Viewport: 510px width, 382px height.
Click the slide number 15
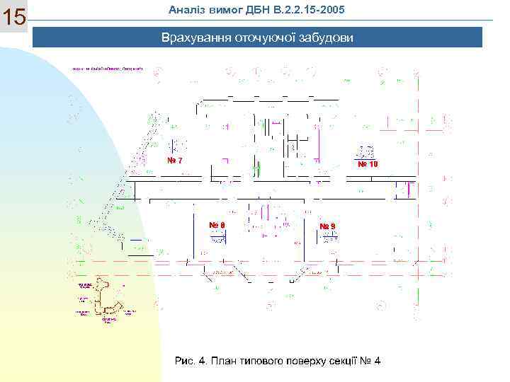(14, 18)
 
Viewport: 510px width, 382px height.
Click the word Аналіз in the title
(186, 8)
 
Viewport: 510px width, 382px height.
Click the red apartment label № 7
(174, 160)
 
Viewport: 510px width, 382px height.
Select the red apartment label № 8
(217, 225)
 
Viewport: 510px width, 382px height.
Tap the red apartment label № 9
(327, 226)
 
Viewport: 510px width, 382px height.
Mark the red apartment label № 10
(368, 164)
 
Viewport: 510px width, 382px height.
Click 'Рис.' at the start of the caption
(186, 361)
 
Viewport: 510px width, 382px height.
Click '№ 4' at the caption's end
(374, 361)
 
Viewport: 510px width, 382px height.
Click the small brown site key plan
(105, 301)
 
